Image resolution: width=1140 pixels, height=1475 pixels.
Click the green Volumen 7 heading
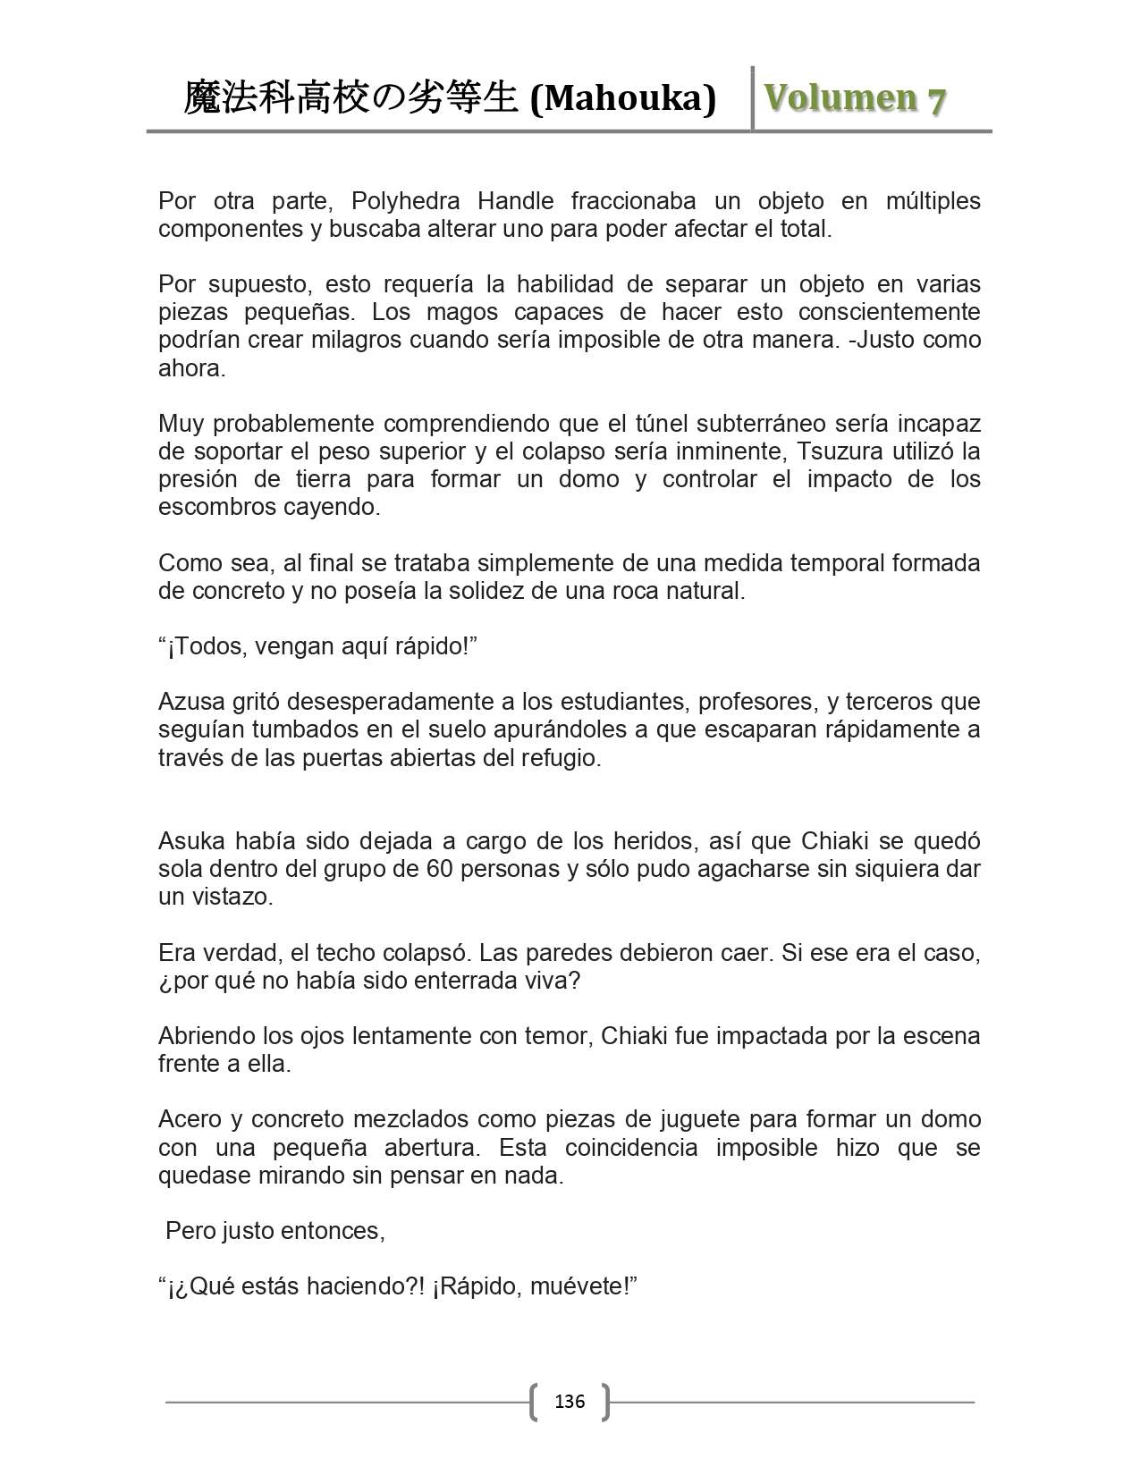(x=855, y=98)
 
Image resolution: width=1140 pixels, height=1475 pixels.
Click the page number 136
(x=570, y=1401)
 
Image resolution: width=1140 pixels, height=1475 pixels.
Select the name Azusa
(x=190, y=702)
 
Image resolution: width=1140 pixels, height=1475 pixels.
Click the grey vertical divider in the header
(x=752, y=98)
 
